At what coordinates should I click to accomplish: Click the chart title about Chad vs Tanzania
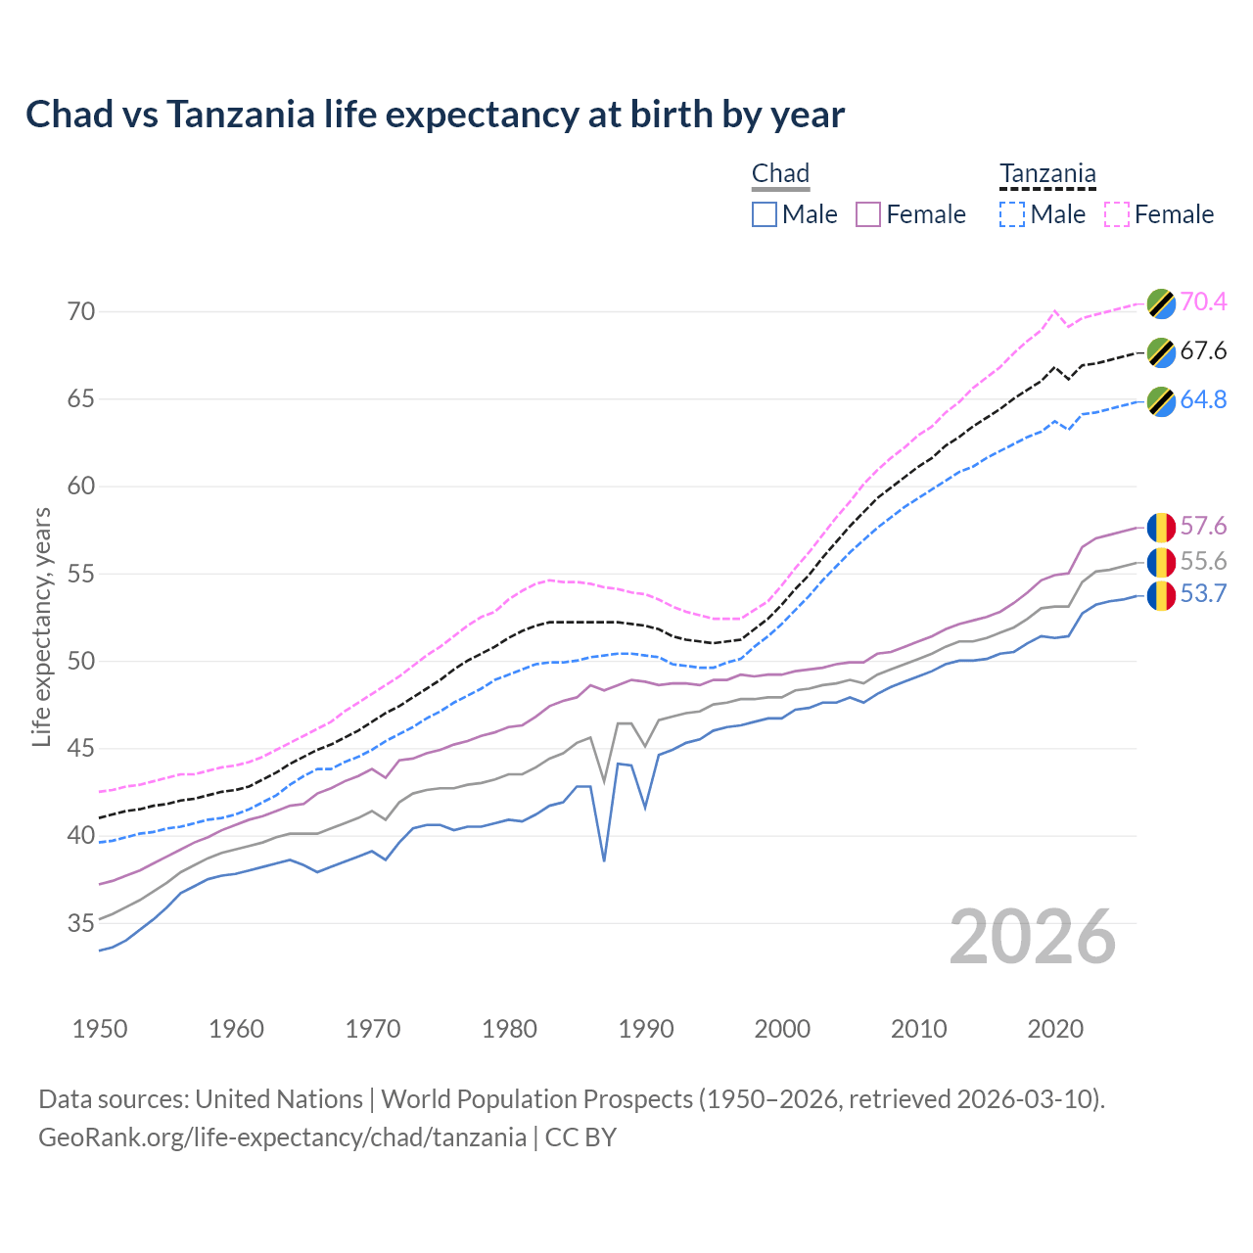pyautogui.click(x=435, y=115)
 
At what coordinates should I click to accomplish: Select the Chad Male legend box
pyautogui.click(x=765, y=214)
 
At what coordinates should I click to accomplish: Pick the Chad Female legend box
pyautogui.click(x=868, y=214)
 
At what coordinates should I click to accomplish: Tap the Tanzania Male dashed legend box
pyautogui.click(x=1012, y=214)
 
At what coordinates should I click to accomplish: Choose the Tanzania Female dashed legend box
pyautogui.click(x=1117, y=214)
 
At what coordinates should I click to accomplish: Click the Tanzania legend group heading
pyautogui.click(x=1047, y=174)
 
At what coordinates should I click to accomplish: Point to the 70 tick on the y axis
pyautogui.click(x=81, y=312)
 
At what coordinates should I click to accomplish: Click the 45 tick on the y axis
pyautogui.click(x=81, y=749)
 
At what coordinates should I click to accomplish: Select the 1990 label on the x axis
pyautogui.click(x=646, y=1029)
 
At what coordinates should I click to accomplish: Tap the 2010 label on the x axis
pyautogui.click(x=919, y=1029)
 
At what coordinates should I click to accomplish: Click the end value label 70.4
pyautogui.click(x=1203, y=302)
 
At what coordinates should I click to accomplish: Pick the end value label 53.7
pyautogui.click(x=1203, y=593)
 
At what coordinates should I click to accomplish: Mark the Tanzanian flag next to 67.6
pyautogui.click(x=1161, y=352)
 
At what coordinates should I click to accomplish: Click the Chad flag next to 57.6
pyautogui.click(x=1161, y=527)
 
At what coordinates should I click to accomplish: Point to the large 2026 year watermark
pyautogui.click(x=1033, y=937)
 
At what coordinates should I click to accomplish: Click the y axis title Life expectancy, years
pyautogui.click(x=41, y=626)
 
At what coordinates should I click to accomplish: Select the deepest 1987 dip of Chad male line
pyautogui.click(x=604, y=860)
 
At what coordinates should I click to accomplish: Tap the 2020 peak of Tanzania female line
pyautogui.click(x=1054, y=311)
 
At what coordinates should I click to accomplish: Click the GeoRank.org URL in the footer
pyautogui.click(x=282, y=1137)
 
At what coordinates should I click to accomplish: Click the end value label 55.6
pyautogui.click(x=1203, y=561)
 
